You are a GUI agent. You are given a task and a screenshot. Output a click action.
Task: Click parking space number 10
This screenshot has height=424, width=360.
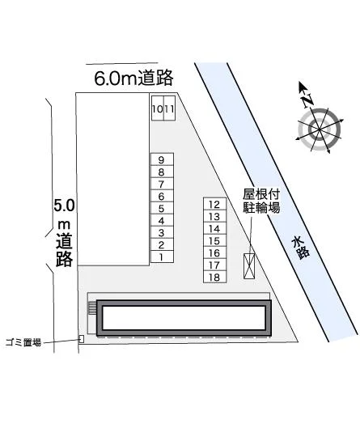click(157, 108)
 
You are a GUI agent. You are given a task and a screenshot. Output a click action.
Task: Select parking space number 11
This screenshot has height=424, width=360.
click(169, 108)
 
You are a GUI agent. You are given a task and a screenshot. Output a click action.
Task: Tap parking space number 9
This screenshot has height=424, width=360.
click(162, 159)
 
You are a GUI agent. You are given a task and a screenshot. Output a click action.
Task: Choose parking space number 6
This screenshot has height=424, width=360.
click(162, 196)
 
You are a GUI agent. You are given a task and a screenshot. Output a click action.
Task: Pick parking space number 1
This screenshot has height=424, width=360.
click(162, 257)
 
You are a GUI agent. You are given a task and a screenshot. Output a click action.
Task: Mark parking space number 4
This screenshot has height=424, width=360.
click(162, 220)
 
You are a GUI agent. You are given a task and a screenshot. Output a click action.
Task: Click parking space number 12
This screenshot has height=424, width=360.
click(214, 204)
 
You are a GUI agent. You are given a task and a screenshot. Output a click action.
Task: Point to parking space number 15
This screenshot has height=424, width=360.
click(214, 240)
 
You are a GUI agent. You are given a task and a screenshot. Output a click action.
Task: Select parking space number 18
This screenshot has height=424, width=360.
click(214, 277)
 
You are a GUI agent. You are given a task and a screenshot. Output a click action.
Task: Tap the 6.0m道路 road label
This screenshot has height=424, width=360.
click(133, 78)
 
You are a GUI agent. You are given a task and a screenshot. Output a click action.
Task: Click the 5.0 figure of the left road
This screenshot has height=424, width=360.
click(64, 206)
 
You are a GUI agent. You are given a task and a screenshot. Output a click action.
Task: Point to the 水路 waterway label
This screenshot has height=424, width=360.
click(300, 248)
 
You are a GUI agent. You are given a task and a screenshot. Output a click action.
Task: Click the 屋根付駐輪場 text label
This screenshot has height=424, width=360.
click(261, 201)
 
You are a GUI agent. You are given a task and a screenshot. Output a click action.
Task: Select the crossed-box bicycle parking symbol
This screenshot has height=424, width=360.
click(249, 266)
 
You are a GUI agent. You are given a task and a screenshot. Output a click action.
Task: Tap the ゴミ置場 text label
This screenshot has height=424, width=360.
click(23, 342)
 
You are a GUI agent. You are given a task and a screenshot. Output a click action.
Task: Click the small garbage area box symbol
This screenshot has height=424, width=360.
click(81, 339)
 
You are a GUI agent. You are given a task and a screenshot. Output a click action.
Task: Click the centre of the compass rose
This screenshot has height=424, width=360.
click(320, 129)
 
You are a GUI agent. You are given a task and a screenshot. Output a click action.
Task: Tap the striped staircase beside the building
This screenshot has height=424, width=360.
click(92, 308)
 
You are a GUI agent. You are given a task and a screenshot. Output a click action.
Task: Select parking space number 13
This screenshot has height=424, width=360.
click(214, 216)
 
